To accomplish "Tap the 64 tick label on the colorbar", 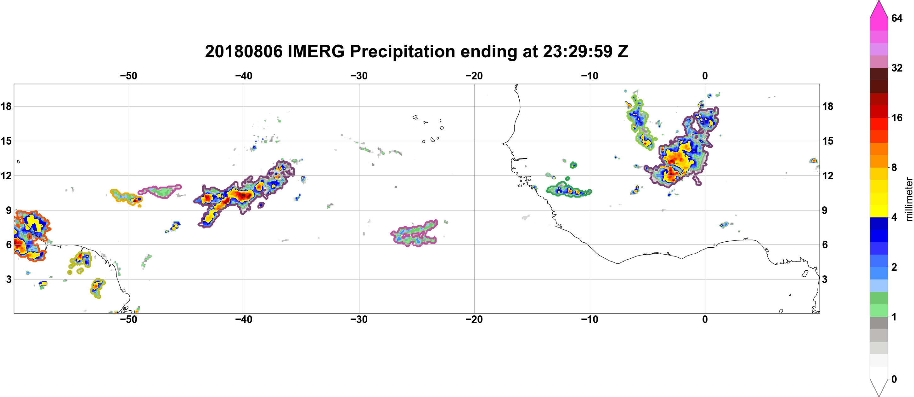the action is (897, 18).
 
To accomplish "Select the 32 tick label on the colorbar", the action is (897, 68).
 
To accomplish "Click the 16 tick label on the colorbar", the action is (897, 118).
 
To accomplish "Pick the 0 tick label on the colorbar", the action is (894, 379).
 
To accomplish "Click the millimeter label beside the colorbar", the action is (909, 199).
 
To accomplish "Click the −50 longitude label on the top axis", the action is (128, 76).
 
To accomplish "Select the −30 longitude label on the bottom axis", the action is (359, 319).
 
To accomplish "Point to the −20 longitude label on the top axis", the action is (474, 76).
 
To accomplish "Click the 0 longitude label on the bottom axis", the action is (705, 319).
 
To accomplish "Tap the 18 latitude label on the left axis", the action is (6, 106).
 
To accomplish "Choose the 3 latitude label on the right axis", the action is (825, 279).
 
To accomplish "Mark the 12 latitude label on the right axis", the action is (828, 175).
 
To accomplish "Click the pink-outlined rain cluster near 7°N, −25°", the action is (415, 233).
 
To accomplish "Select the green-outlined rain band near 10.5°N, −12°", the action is (568, 190).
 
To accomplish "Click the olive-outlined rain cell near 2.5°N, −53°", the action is (97, 288).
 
